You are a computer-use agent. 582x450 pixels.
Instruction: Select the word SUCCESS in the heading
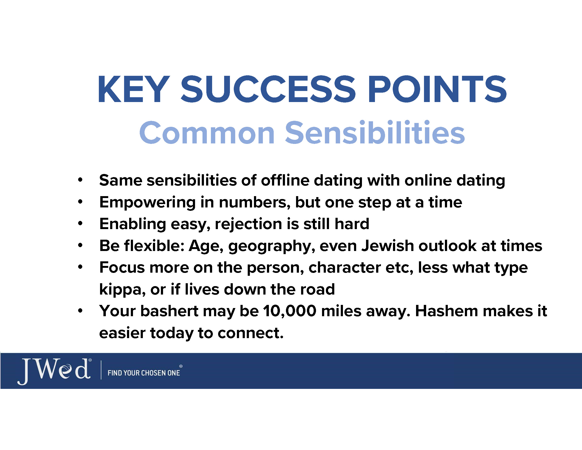tap(268, 89)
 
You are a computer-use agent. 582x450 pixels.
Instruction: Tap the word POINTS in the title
tap(437, 89)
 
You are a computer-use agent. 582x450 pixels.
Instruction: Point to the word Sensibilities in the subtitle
tap(375, 132)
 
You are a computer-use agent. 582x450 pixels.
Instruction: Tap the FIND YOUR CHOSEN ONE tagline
tap(144, 373)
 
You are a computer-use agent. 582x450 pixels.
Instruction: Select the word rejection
tap(248, 224)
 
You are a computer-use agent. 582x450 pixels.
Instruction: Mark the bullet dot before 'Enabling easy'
tap(80, 223)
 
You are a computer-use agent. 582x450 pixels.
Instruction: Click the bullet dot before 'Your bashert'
tap(80, 311)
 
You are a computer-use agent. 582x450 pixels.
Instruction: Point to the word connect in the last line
tap(251, 333)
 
